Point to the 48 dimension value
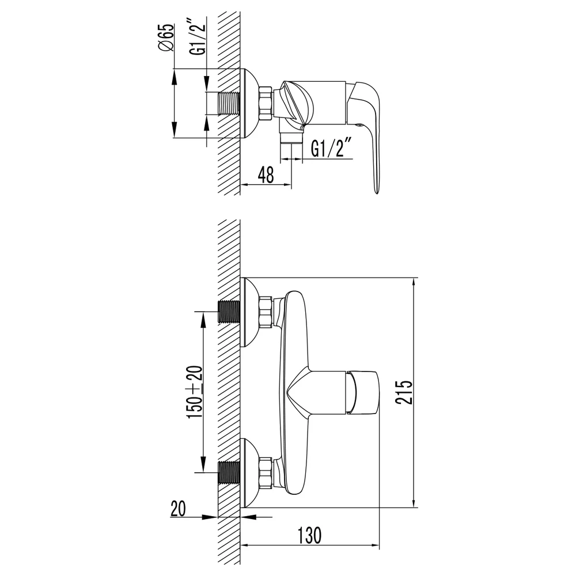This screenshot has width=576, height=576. (x=266, y=175)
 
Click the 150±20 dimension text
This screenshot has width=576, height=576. (x=195, y=392)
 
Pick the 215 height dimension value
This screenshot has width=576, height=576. (x=404, y=392)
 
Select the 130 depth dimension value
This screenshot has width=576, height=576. (x=309, y=535)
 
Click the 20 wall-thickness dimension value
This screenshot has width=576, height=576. (x=178, y=509)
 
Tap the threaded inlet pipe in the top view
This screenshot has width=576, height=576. (x=229, y=104)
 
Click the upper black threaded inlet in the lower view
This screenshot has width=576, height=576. (x=229, y=312)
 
